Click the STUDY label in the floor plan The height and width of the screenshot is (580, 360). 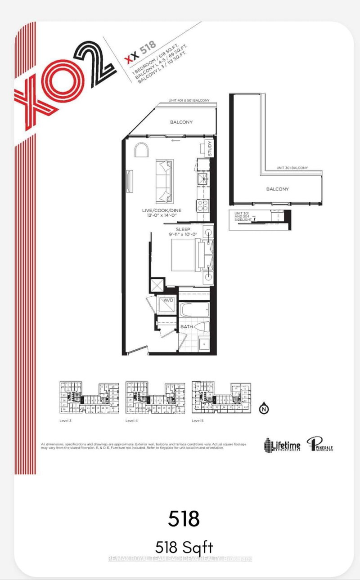click(209, 149)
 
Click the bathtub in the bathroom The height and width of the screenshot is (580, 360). click(194, 310)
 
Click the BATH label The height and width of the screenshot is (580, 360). click(187, 326)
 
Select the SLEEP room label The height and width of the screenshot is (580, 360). click(183, 228)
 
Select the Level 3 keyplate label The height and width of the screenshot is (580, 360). click(65, 420)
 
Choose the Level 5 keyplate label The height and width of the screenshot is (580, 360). click(198, 420)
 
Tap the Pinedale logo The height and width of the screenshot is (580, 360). click(321, 445)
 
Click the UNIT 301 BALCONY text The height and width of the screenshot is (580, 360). click(292, 168)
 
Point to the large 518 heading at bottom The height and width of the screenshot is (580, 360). click(184, 519)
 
